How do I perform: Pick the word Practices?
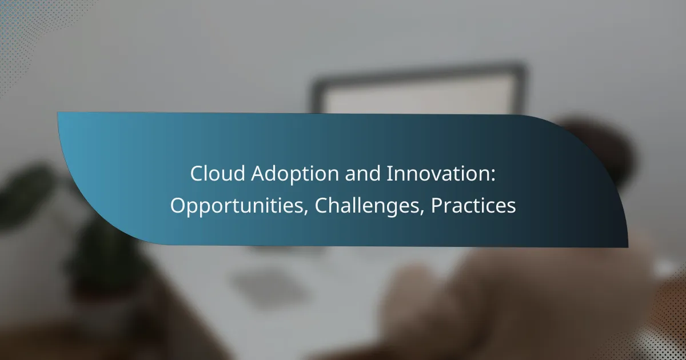click(473, 206)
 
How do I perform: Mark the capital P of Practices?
click(436, 206)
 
